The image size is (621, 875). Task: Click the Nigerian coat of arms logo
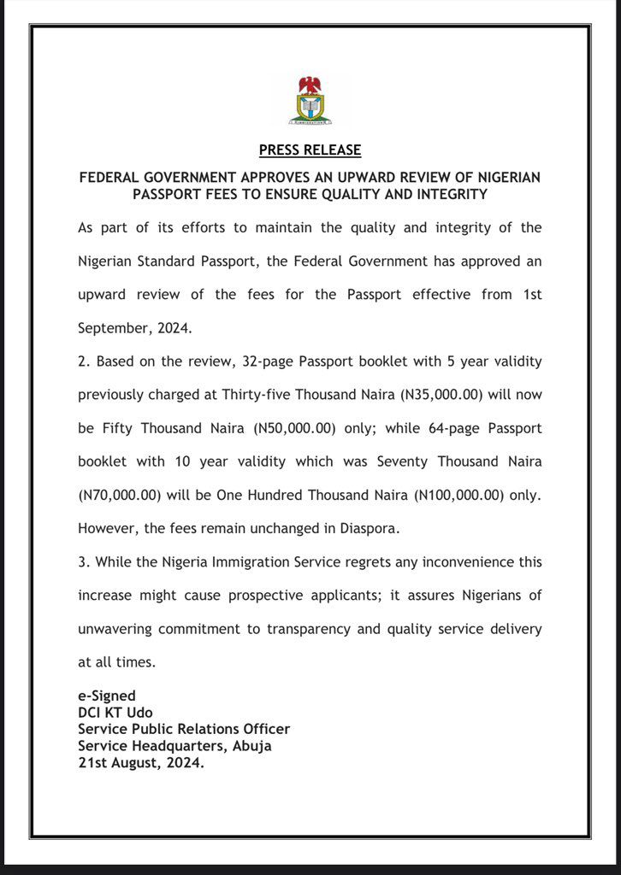point(310,101)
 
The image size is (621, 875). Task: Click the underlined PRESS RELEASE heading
point(310,150)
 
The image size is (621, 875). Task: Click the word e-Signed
point(107,696)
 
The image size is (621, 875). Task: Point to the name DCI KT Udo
point(115,713)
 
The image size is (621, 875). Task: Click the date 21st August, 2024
point(141,762)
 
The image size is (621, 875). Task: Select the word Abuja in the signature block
point(253,746)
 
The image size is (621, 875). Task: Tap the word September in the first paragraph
point(113,327)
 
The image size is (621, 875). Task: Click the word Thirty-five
point(278,394)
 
